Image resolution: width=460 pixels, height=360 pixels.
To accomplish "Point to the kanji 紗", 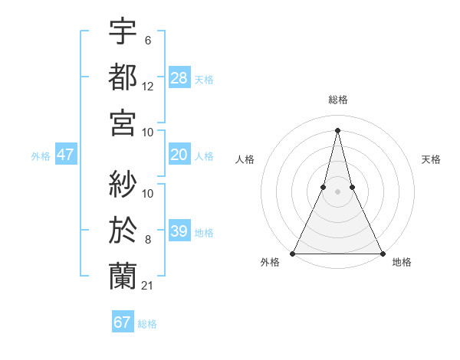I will tap(123, 184).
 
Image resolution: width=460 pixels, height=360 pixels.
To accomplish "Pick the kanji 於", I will tap(123, 229).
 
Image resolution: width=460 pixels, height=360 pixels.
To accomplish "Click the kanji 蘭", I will tap(123, 275).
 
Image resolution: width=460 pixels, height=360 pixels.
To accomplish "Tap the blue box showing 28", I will tap(179, 77).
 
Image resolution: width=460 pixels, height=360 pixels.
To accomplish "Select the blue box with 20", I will tap(179, 155).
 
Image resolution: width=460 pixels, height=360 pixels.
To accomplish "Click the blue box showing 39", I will tap(179, 231).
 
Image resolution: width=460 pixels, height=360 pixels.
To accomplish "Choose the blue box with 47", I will tap(66, 155).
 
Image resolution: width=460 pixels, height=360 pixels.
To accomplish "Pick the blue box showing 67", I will tap(123, 322).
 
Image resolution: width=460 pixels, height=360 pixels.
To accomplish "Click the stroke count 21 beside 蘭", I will tap(148, 286).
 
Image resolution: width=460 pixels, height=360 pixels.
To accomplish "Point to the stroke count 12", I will tap(148, 87).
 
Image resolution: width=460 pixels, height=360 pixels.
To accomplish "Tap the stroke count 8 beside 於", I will tap(148, 240).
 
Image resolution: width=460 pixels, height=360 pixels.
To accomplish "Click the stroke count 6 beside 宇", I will tap(148, 41).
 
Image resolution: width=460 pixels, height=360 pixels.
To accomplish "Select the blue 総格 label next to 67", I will tap(147, 324).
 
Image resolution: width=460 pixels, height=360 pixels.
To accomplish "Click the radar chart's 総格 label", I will tap(337, 100).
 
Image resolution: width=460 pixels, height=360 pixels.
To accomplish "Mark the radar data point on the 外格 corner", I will tap(294, 254).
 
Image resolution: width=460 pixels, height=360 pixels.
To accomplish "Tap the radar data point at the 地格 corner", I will tap(382, 254).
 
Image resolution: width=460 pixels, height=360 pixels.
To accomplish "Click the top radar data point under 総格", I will tap(337, 129).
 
